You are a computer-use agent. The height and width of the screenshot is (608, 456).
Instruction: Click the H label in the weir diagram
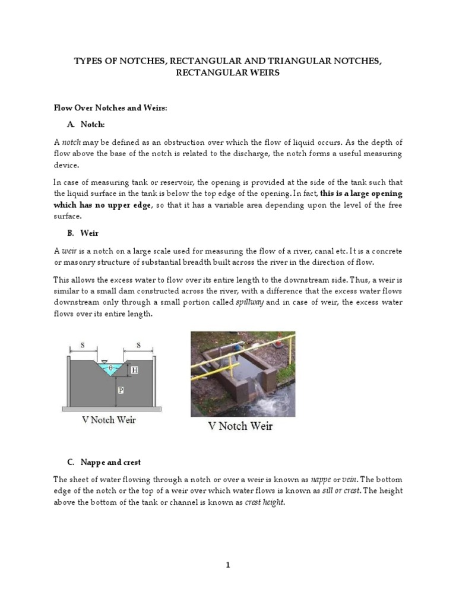point(134,370)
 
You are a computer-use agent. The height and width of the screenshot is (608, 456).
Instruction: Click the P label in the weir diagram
point(121,390)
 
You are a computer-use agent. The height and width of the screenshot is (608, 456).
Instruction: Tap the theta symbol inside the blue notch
point(110,368)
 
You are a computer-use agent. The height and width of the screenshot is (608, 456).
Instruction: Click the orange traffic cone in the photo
point(279,341)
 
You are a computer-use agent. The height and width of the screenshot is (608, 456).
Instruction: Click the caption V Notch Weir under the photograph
point(240,426)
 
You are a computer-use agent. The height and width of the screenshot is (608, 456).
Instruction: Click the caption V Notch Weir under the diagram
point(109,420)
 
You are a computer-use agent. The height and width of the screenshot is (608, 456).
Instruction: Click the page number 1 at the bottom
point(227,565)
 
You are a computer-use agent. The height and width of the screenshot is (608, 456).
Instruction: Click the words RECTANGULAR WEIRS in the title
point(227,72)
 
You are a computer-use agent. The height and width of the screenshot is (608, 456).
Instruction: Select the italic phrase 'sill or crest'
point(341,490)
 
